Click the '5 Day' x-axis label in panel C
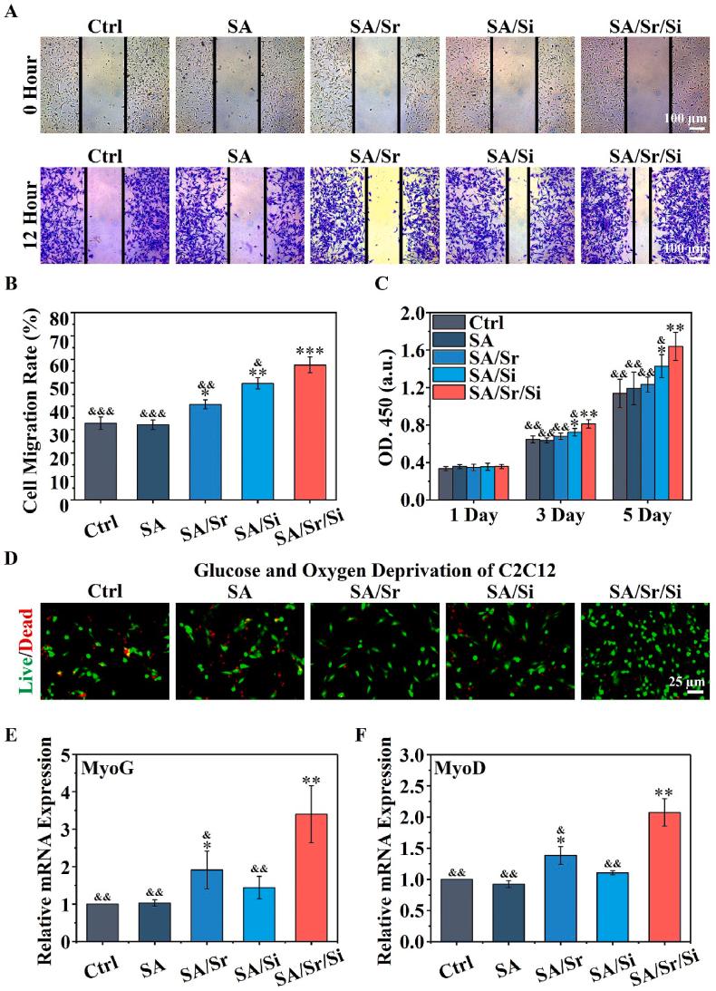[x=642, y=516]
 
